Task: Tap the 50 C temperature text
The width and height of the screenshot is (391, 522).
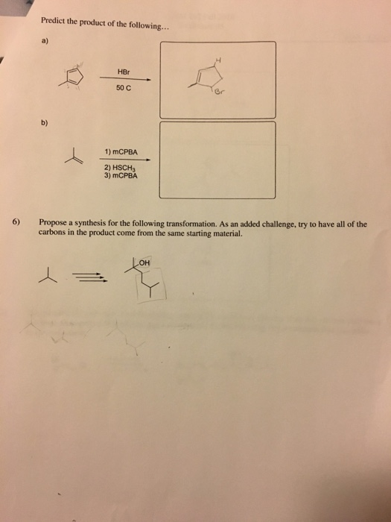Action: pos(124,89)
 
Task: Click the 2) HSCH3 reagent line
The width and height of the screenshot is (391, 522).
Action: pos(120,169)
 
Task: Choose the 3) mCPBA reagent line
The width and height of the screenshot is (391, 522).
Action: pos(121,177)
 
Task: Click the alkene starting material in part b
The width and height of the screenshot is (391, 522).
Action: pos(73,156)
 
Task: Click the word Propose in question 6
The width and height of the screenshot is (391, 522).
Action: pos(54,222)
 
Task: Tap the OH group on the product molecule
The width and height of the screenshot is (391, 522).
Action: pos(144,262)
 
